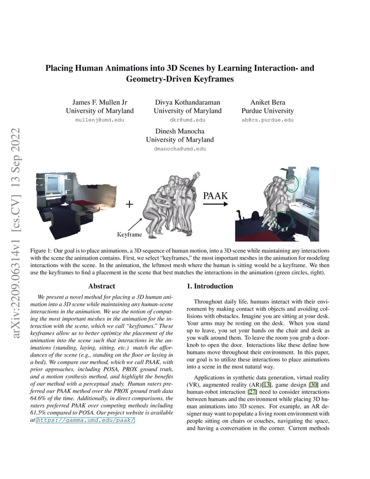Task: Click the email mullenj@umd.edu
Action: pyautogui.click(x=100, y=120)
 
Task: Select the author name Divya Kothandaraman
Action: pyautogui.click(x=188, y=102)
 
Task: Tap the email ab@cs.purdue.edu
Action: pyautogui.click(x=268, y=120)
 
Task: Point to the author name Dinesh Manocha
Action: pyautogui.click(x=180, y=131)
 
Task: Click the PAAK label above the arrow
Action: pyautogui.click(x=215, y=195)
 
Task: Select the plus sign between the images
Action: pyautogui.click(x=130, y=205)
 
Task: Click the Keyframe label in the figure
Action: pyautogui.click(x=130, y=234)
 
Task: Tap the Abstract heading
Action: pyautogui.click(x=101, y=286)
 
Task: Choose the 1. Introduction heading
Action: pyautogui.click(x=209, y=286)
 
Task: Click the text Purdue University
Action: pyautogui.click(x=268, y=111)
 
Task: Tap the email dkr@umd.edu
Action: pyautogui.click(x=188, y=120)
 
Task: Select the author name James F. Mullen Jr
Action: pyautogui.click(x=100, y=102)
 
